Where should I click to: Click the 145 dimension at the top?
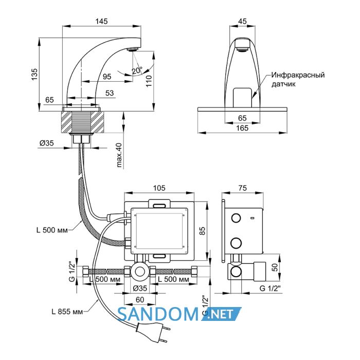click(101, 22)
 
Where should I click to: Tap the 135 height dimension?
click(34, 74)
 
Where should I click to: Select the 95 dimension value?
click(107, 77)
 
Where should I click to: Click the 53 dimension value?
click(110, 93)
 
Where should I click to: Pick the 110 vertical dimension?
click(149, 81)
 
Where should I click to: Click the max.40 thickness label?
click(119, 155)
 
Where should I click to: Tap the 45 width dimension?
click(242, 22)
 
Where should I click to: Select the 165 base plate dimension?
click(242, 128)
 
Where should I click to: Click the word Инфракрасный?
click(298, 75)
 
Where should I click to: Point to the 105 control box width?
click(159, 188)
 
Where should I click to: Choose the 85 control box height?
click(202, 231)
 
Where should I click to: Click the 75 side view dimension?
click(242, 188)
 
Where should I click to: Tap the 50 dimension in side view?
click(275, 267)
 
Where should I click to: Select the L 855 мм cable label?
click(67, 312)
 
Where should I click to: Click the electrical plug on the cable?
click(153, 332)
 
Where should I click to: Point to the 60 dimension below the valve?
click(140, 300)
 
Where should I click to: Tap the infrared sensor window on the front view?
click(243, 98)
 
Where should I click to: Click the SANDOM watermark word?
click(158, 314)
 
